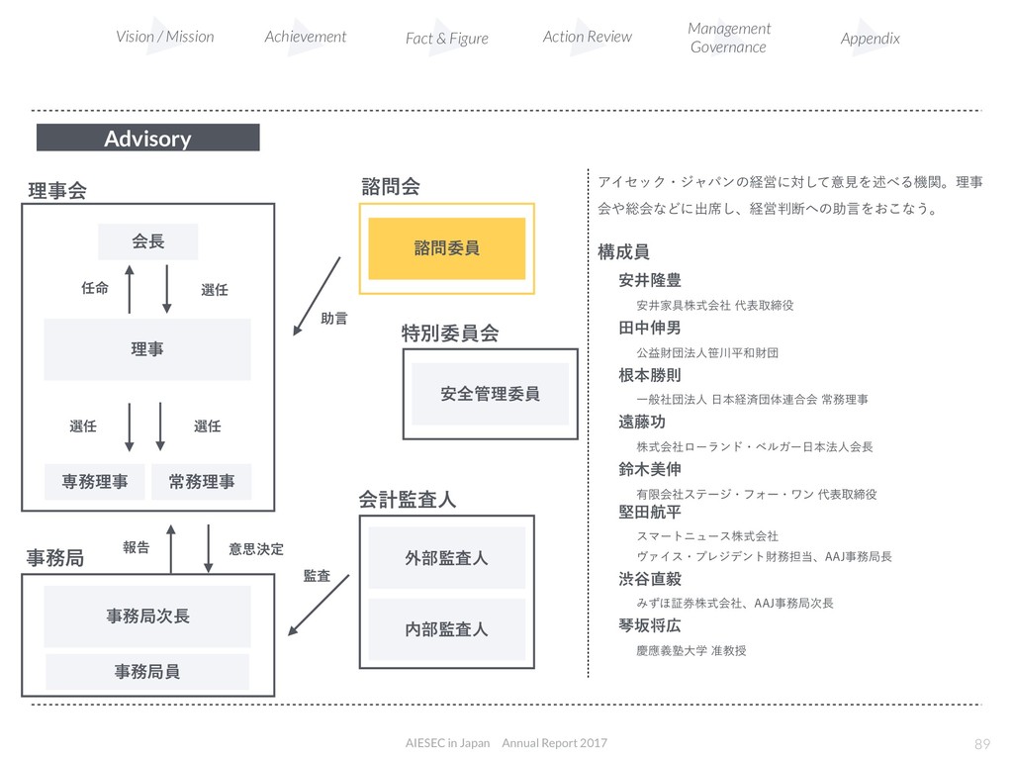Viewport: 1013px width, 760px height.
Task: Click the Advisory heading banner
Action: [x=148, y=138]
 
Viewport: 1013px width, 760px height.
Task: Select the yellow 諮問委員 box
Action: [x=447, y=248]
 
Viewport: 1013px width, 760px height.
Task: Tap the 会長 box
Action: [x=148, y=241]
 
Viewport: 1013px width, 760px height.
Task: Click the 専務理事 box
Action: [x=95, y=482]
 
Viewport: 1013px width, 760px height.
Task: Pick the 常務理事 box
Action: [x=202, y=482]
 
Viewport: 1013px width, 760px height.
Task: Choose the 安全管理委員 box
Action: [x=491, y=394]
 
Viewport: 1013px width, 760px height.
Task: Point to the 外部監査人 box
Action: [x=447, y=558]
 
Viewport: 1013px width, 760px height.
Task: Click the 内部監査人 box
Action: [x=447, y=629]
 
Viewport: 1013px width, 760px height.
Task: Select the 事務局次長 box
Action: [x=148, y=617]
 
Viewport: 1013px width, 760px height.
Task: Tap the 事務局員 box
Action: [x=148, y=672]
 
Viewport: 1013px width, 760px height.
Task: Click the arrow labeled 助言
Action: [x=318, y=297]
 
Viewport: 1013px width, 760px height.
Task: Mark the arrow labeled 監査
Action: [x=319, y=605]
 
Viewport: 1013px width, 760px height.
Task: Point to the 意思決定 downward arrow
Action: [x=209, y=548]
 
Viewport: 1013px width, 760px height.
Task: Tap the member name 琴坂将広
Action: [x=649, y=626]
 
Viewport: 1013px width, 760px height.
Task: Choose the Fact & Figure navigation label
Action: [x=447, y=39]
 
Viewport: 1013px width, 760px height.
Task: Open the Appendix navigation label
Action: [x=871, y=39]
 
